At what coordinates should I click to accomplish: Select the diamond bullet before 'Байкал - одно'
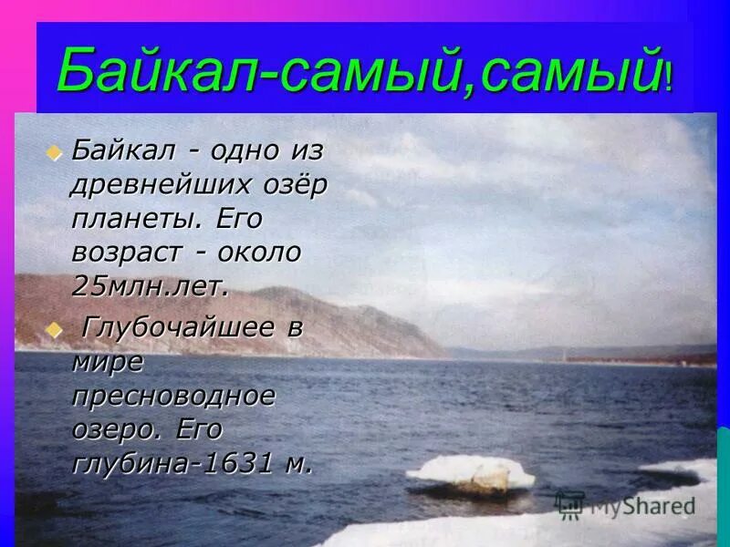[54, 151]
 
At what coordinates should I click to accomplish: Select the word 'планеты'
[137, 219]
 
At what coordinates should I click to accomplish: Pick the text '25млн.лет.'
[148, 285]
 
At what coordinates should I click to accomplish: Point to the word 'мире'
[108, 362]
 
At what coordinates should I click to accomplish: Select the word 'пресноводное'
[173, 396]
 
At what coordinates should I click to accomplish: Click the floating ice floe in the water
[470, 472]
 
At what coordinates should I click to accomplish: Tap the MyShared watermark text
[642, 506]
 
